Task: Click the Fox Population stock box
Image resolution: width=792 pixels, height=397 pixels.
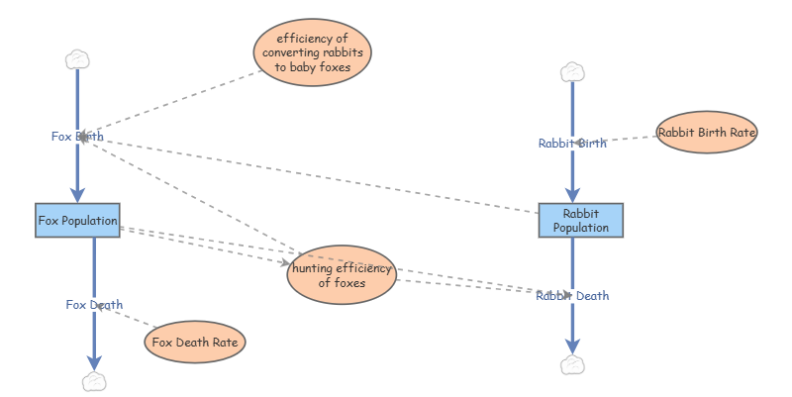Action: [x=77, y=220]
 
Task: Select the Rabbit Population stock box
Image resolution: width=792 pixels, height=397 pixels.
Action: [x=581, y=220]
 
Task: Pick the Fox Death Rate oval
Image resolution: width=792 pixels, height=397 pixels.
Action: [x=195, y=343]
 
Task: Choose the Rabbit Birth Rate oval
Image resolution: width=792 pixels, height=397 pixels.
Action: [x=707, y=132]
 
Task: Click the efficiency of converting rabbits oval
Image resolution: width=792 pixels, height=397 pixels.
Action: [x=313, y=52]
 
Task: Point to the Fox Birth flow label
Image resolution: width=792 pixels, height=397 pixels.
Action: [x=77, y=137]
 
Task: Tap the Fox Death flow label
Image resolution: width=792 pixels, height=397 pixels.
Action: [x=94, y=304]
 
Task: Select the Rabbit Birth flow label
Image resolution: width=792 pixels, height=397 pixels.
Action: [x=572, y=143]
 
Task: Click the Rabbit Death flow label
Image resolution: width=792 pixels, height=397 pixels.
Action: [x=572, y=295]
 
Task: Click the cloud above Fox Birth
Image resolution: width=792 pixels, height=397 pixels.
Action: [x=77, y=59]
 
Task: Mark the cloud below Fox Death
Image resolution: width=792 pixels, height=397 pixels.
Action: [x=94, y=381]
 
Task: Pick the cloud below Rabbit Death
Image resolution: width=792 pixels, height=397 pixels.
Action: [x=572, y=365]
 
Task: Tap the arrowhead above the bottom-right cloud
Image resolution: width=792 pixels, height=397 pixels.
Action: [x=572, y=346]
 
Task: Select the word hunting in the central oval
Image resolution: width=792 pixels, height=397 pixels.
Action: [x=314, y=268]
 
